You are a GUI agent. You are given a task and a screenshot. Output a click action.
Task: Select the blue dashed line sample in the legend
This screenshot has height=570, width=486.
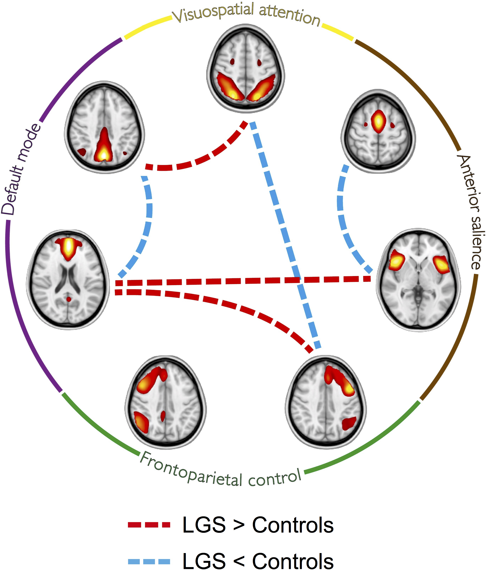[149, 561]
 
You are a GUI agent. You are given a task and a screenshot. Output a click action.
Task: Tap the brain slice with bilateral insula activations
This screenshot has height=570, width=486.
[418, 280]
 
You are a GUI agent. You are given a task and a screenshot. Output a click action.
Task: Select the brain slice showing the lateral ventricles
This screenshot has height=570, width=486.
[68, 280]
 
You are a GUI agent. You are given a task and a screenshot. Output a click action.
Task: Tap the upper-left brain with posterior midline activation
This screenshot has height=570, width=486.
[104, 127]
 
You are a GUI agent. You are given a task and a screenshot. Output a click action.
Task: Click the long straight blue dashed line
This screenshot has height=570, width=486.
[286, 237]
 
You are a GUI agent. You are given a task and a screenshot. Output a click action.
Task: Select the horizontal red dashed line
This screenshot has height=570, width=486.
[242, 281]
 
